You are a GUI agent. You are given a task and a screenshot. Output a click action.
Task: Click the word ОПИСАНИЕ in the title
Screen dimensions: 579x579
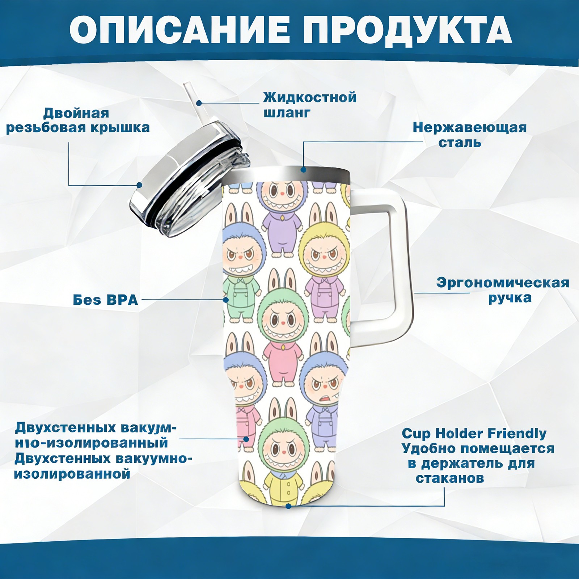point(180,30)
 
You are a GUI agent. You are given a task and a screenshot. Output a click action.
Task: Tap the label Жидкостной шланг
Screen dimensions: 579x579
point(309,105)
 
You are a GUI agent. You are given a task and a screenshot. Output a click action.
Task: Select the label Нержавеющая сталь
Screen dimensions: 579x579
point(469,135)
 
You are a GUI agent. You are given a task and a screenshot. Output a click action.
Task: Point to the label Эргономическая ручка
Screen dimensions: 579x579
point(502,290)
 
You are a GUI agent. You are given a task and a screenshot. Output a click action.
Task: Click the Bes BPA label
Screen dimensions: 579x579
point(105,300)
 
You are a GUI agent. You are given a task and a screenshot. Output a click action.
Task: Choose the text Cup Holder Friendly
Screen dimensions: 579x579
point(474,434)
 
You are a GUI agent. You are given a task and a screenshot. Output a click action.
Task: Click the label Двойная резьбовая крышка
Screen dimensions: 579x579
point(77,121)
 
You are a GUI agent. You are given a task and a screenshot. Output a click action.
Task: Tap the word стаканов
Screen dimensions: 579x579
point(449,478)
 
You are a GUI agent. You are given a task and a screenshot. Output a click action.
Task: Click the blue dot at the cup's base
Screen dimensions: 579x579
point(288,506)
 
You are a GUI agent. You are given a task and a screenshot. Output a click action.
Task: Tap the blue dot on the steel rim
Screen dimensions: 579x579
point(304,169)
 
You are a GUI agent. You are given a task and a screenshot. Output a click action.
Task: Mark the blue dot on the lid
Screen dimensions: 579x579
point(139,185)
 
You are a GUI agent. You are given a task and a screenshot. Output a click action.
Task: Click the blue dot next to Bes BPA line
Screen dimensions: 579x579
point(226,300)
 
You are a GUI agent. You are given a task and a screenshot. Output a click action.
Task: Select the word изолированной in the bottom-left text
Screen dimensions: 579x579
point(72,474)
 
